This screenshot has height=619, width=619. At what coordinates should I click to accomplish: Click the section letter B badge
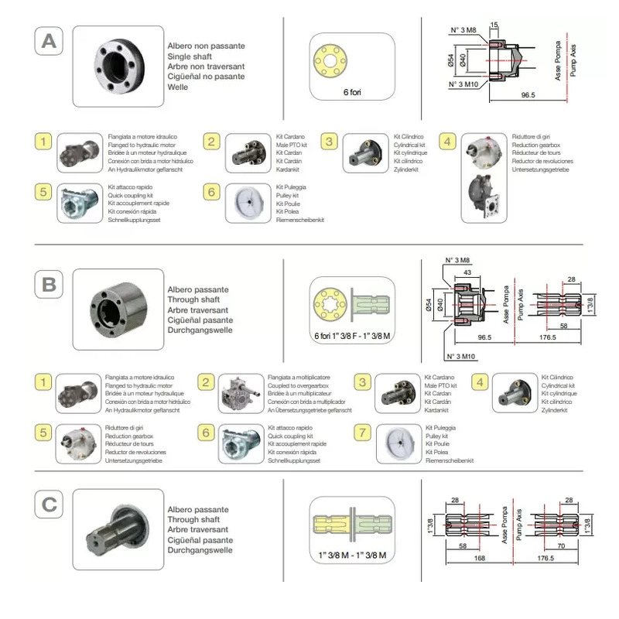point(48,285)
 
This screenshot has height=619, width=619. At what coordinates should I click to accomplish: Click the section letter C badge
point(48,504)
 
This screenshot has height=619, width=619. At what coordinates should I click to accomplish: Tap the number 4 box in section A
point(446,142)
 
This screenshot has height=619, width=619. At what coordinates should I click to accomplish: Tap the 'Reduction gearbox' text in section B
point(130,436)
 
